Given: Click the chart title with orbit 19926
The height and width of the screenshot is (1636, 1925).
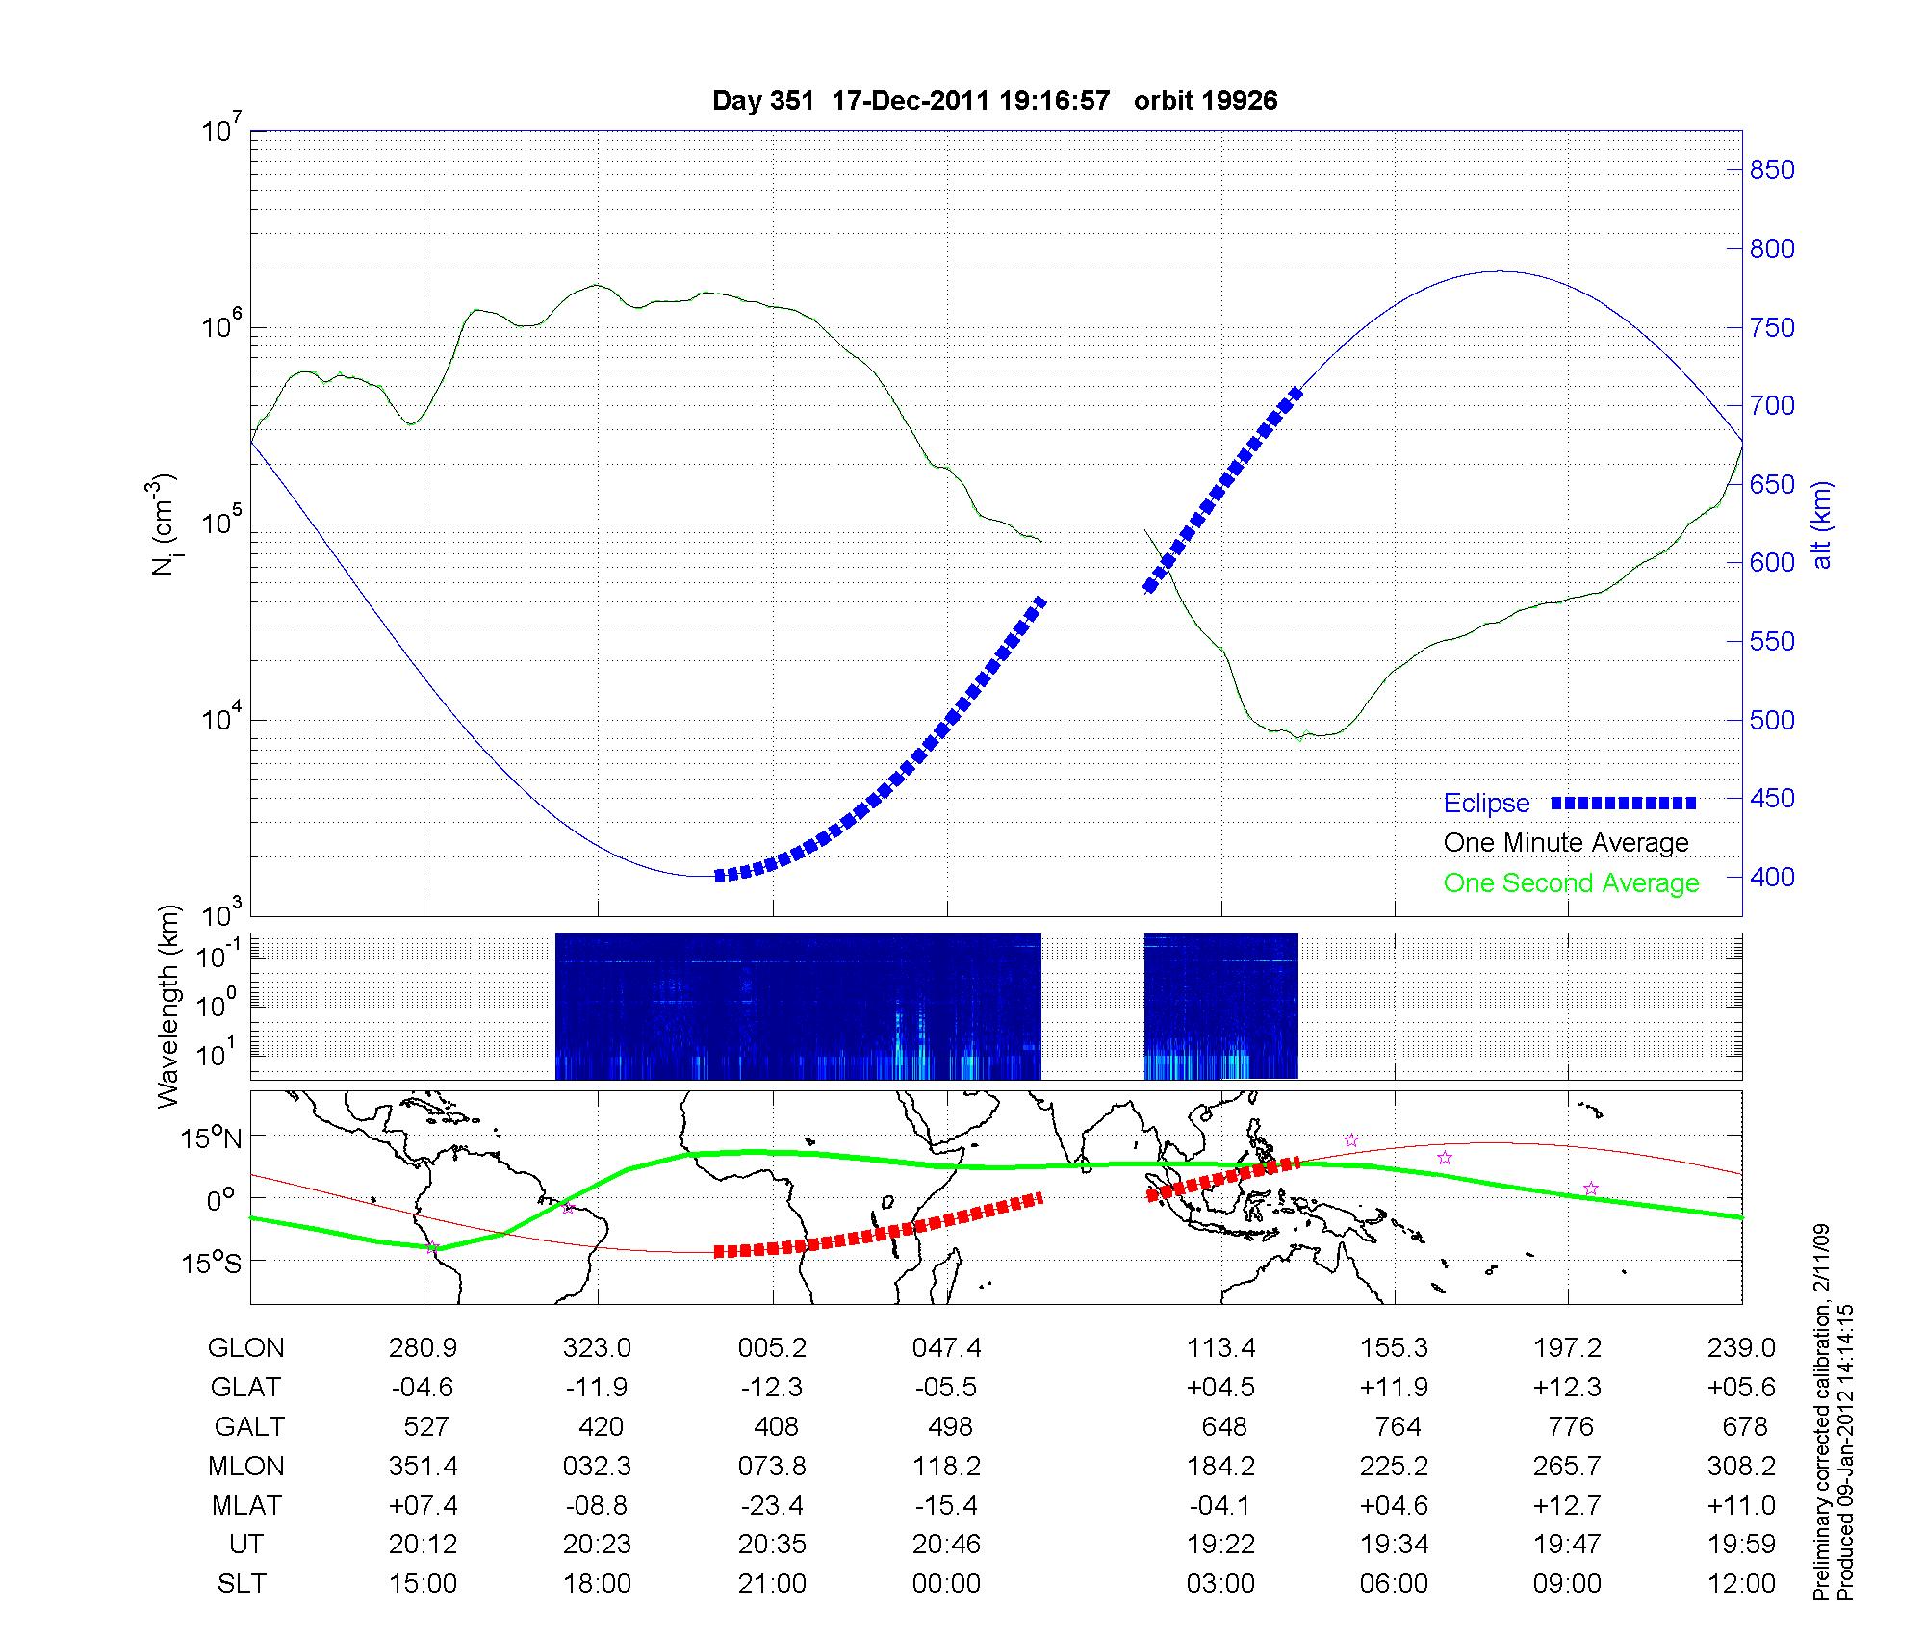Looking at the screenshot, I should click(x=994, y=101).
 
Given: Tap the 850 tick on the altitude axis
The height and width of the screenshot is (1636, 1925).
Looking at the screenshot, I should click(x=1771, y=170).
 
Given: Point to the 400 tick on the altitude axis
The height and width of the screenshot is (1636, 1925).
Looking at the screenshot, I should click(x=1771, y=877).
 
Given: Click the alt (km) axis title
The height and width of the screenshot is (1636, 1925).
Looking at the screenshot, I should click(x=1822, y=524).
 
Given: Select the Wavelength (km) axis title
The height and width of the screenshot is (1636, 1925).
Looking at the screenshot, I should click(x=169, y=1007).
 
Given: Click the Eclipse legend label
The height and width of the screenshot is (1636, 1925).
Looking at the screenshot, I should click(x=1486, y=804).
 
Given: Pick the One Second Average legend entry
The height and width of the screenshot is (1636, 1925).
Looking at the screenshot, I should click(x=1571, y=883).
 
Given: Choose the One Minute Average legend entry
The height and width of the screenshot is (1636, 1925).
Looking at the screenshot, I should click(x=1566, y=843).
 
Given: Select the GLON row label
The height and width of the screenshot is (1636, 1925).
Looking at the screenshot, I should click(x=246, y=1348).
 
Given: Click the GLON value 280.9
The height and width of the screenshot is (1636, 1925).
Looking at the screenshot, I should click(x=423, y=1348).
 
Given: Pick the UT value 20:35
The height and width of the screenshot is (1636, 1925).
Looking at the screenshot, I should click(x=772, y=1545).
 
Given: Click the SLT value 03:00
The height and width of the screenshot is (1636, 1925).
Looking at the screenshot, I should click(x=1220, y=1584).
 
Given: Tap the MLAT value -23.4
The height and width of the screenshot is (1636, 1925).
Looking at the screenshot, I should click(x=772, y=1505).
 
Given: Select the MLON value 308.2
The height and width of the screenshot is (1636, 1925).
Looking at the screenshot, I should click(x=1741, y=1466).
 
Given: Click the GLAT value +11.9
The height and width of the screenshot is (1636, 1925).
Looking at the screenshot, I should click(x=1395, y=1388).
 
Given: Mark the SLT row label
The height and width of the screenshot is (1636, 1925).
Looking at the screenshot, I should click(x=242, y=1584).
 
